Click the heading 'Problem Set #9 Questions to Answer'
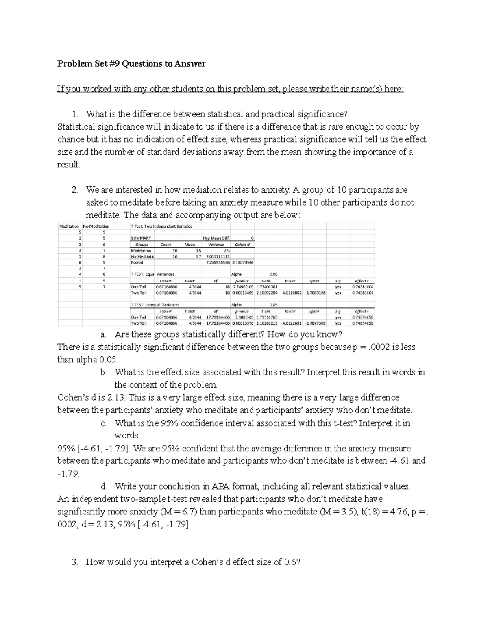point(131,63)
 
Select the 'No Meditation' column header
point(96,226)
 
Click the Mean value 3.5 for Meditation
point(198,251)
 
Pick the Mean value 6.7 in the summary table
point(198,257)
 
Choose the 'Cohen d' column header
point(242,245)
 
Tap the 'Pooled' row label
point(137,262)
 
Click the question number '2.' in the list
point(74,190)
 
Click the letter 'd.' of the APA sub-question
point(104,486)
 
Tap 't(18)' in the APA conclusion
point(371,512)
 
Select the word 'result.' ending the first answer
point(69,165)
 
